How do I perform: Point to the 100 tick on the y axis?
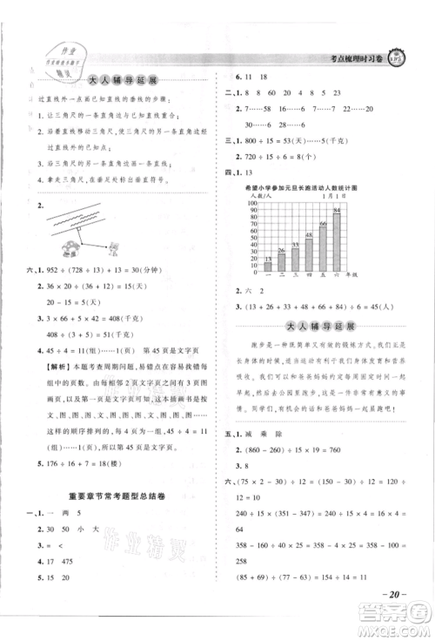[258, 204]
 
